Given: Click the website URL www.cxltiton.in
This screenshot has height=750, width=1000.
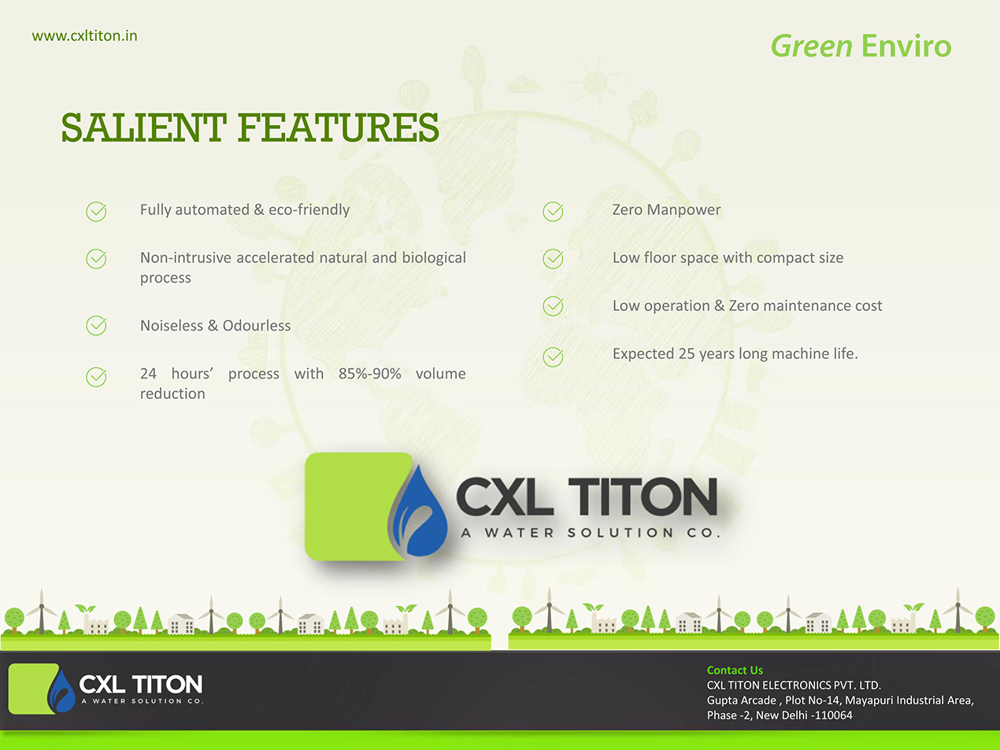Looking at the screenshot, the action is coord(84,36).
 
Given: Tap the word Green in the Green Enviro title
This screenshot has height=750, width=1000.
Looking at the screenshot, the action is coord(811,47).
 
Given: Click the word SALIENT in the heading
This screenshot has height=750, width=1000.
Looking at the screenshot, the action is coord(143,127).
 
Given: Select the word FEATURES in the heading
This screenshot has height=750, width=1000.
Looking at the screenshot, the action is coord(339,127).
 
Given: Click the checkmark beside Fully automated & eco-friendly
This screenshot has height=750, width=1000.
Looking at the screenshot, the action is coord(97,211).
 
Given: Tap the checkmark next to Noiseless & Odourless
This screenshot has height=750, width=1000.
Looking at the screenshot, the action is coord(97,326).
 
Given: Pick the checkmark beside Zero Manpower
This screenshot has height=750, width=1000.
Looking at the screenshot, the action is coord(553,211).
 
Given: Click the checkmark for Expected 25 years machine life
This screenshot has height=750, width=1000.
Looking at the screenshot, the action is coord(553,357).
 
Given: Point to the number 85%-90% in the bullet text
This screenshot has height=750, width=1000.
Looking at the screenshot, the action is coord(369,374).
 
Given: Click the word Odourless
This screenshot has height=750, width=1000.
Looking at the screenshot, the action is coord(257,326).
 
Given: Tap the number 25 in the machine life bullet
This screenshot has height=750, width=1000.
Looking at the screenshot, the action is coord(687,354).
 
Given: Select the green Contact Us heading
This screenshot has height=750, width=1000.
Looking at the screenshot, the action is coord(735,671).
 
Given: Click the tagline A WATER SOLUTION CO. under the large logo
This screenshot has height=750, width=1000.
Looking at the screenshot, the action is coord(591,533).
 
